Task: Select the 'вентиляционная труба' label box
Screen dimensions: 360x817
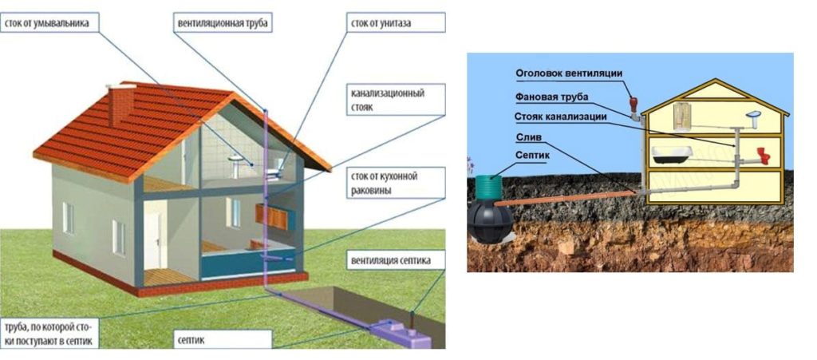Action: click(x=223, y=23)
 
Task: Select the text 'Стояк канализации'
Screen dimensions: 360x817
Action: click(x=561, y=117)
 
